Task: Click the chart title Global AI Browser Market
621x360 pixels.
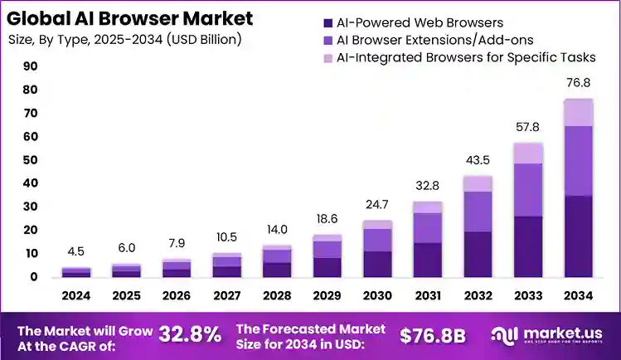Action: (128, 17)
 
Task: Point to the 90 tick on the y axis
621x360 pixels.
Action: (31, 66)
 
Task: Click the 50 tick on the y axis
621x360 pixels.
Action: (31, 160)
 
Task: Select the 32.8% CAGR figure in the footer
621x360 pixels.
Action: (190, 334)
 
